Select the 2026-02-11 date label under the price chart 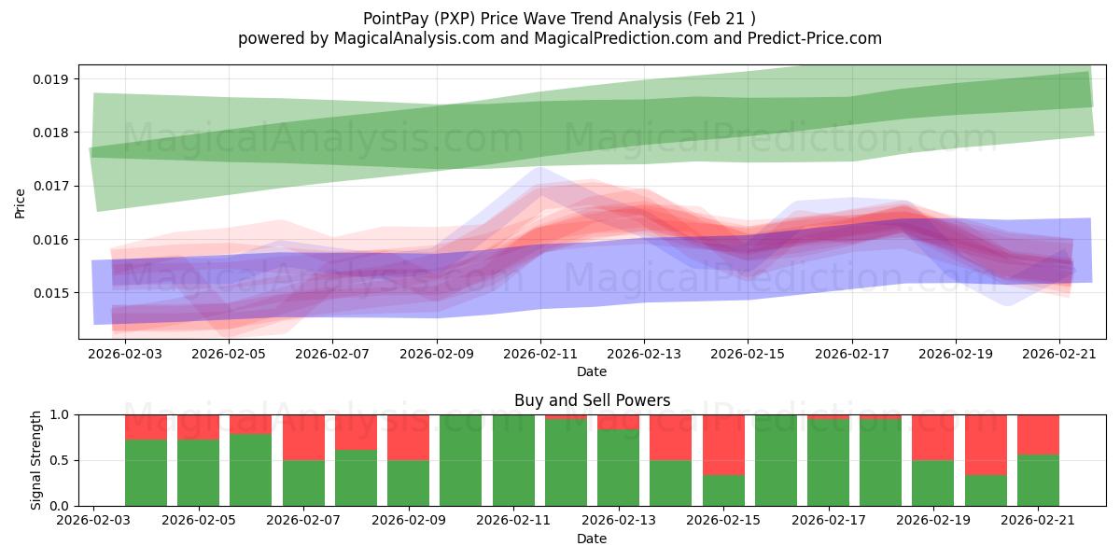(540, 354)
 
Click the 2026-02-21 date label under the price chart (1059, 354)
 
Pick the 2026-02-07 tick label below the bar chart (303, 520)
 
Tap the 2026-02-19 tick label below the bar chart (933, 520)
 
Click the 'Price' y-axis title (20, 203)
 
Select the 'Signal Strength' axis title (35, 460)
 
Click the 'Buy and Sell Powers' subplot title (592, 400)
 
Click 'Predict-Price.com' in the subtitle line (815, 38)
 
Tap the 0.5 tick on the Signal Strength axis (60, 460)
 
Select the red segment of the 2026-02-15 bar (723, 445)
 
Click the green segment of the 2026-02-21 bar (1038, 481)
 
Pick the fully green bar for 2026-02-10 (460, 460)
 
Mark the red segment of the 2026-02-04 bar (198, 427)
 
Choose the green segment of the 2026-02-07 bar (303, 483)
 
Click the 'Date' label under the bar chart (592, 539)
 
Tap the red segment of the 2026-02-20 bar (986, 445)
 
